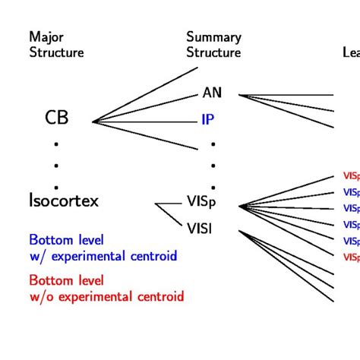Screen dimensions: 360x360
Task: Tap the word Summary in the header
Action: tap(213, 37)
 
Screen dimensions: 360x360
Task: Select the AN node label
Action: tap(212, 93)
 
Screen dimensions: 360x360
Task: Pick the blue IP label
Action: tap(209, 120)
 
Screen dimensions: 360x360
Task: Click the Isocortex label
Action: tap(64, 201)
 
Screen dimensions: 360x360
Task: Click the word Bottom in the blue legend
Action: tap(50, 240)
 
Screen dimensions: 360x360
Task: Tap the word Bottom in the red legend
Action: tap(50, 279)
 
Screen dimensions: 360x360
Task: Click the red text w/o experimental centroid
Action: tap(106, 296)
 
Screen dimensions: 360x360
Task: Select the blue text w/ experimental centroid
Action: tap(103, 256)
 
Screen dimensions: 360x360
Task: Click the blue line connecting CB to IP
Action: tap(144, 121)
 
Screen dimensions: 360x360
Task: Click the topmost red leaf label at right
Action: tap(351, 175)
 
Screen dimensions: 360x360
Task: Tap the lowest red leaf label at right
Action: tap(351, 257)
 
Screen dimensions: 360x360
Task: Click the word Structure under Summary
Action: tap(213, 53)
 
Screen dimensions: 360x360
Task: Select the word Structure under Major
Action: tap(56, 53)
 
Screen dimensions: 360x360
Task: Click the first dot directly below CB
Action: tap(56, 143)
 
